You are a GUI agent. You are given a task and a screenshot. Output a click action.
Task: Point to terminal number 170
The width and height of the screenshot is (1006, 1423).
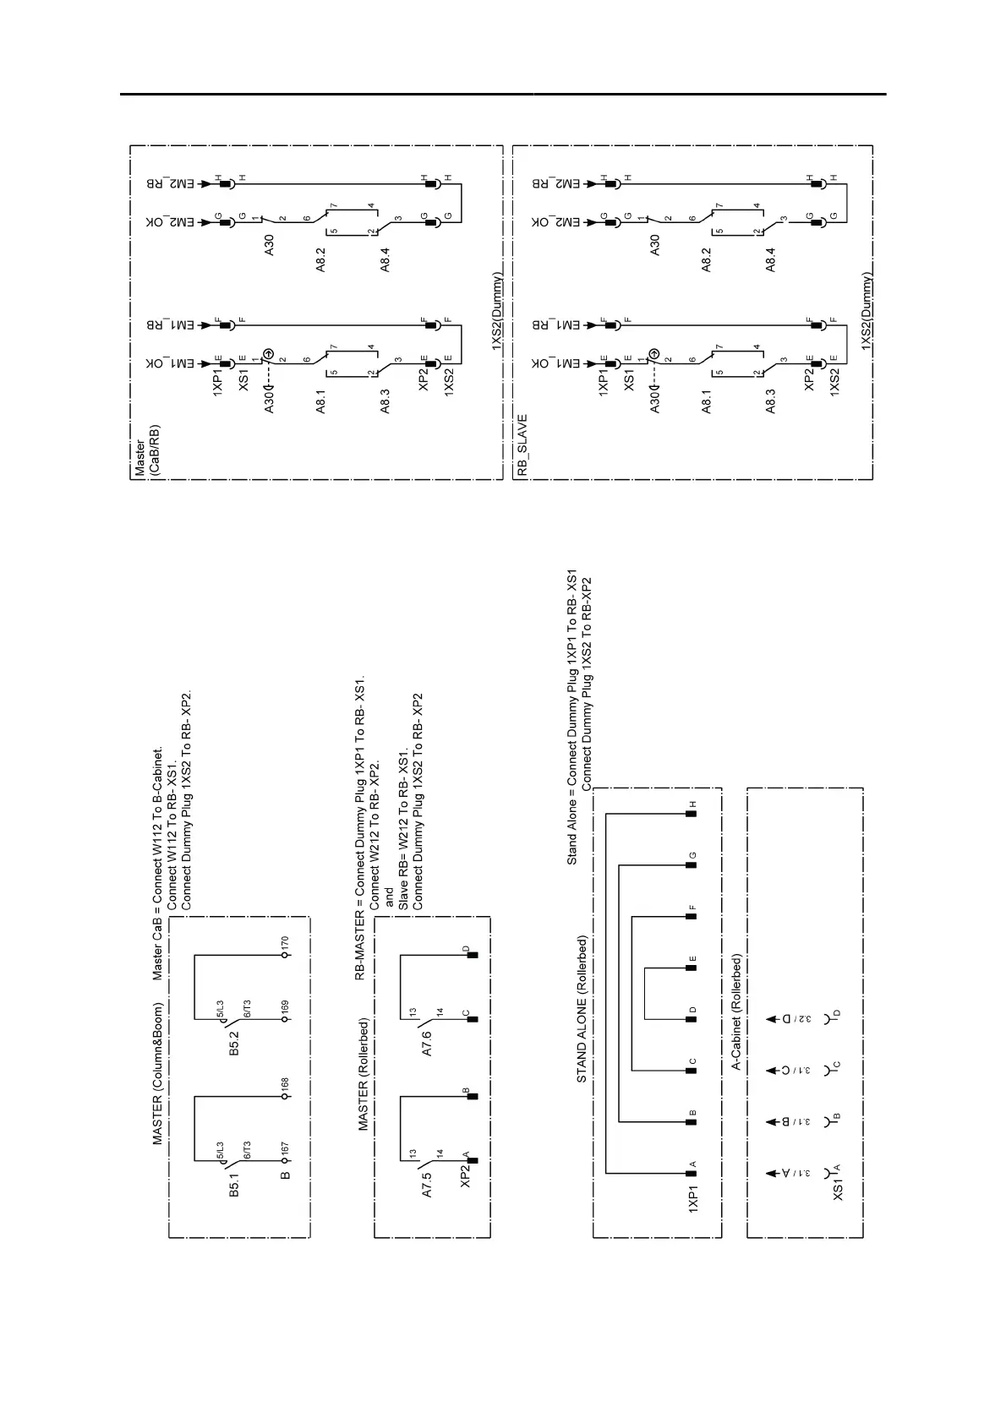pyautogui.click(x=285, y=941)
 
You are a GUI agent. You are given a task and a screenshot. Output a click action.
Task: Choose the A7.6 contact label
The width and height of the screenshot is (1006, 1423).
pyautogui.click(x=428, y=1044)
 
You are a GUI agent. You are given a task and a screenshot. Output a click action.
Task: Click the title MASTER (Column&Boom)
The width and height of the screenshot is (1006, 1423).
pyautogui.click(x=157, y=1074)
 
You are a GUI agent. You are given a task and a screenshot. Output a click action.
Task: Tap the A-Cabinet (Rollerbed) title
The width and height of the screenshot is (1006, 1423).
pyautogui.click(x=736, y=1013)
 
